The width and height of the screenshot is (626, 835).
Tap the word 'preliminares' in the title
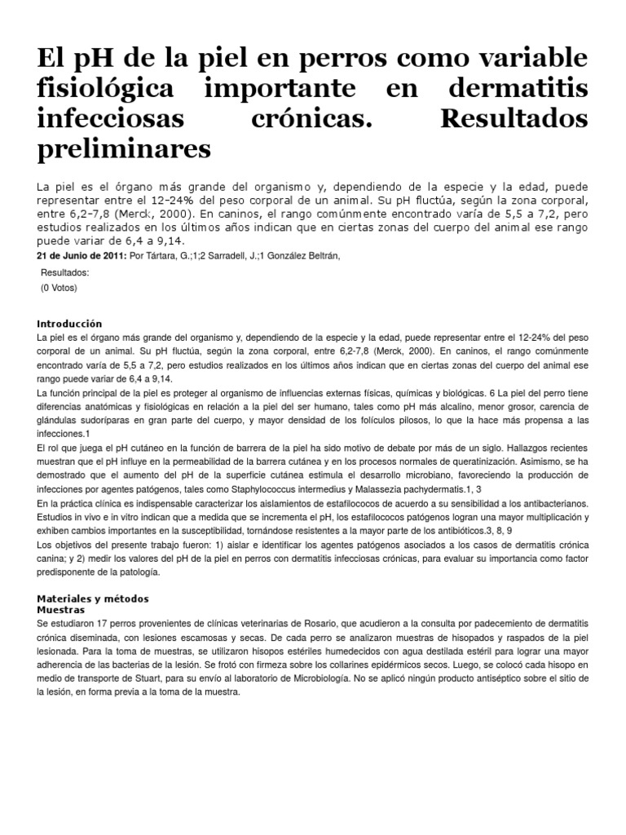(x=124, y=148)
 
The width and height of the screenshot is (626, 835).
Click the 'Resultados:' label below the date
(x=64, y=273)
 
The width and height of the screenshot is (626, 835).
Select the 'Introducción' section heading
(x=70, y=324)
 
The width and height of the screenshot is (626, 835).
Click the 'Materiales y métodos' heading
(x=93, y=598)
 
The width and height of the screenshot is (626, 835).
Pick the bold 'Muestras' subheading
(x=61, y=609)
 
